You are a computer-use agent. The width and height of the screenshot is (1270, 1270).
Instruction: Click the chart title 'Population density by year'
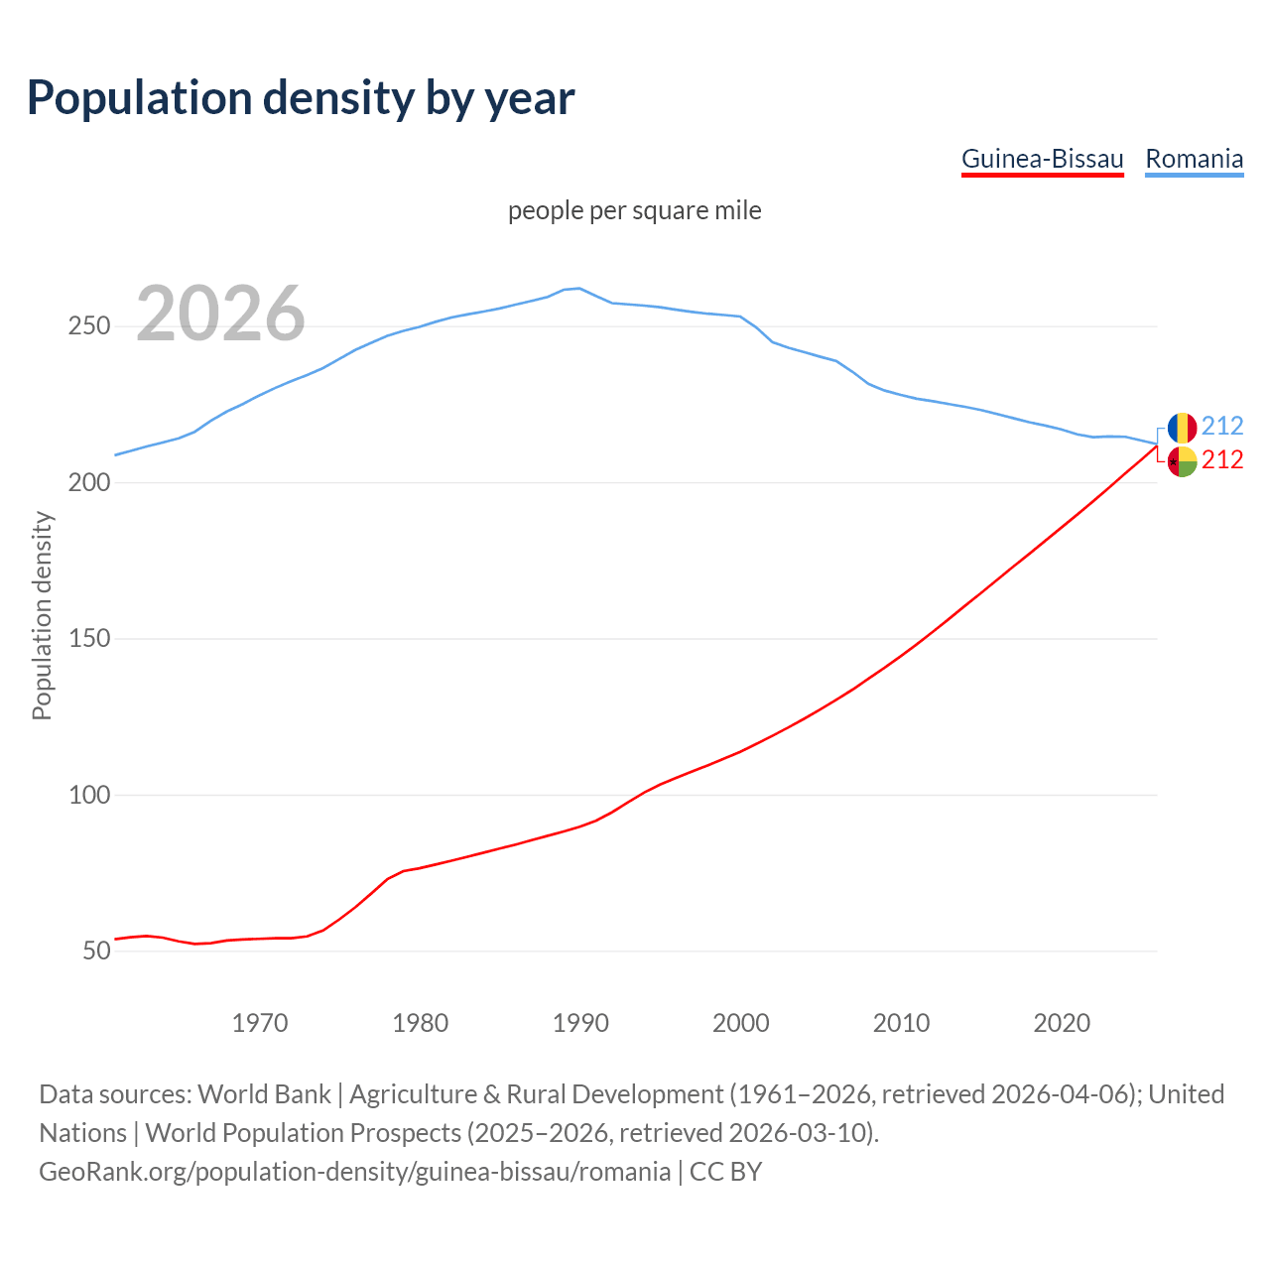[301, 97]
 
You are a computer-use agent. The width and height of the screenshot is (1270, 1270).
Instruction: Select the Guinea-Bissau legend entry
[1042, 159]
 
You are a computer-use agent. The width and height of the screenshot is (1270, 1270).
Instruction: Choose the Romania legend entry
[1194, 159]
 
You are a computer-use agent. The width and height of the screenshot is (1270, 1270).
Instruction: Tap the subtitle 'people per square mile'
[634, 210]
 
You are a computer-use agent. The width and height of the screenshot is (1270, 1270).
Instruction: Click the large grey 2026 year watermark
[220, 314]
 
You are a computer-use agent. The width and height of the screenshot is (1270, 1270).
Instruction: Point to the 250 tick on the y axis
[89, 326]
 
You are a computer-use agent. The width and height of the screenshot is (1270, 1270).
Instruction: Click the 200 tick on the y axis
[89, 483]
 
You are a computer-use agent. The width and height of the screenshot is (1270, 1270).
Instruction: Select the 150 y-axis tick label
[89, 639]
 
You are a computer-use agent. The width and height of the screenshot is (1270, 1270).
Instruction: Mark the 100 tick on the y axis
[89, 796]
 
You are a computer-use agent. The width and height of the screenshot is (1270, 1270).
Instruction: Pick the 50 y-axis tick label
[95, 952]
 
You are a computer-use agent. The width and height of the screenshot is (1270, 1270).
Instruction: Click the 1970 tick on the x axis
[260, 1023]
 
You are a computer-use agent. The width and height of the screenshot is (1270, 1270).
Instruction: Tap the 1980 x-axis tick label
[421, 1023]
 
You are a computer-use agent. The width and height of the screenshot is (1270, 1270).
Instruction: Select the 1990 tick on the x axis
[580, 1023]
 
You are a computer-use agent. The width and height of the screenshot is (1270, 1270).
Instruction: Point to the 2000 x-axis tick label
[741, 1023]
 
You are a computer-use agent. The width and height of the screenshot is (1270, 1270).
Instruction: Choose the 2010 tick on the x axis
[901, 1023]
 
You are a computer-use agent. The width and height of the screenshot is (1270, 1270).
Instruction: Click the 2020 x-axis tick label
[1062, 1023]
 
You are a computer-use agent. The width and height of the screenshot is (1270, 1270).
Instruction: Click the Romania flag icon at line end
[1182, 427]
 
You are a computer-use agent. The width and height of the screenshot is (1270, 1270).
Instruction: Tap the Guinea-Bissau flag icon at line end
[1182, 461]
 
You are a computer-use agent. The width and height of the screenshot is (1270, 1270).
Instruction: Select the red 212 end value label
[1222, 460]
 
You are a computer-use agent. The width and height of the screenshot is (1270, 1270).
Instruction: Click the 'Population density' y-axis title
[42, 615]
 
